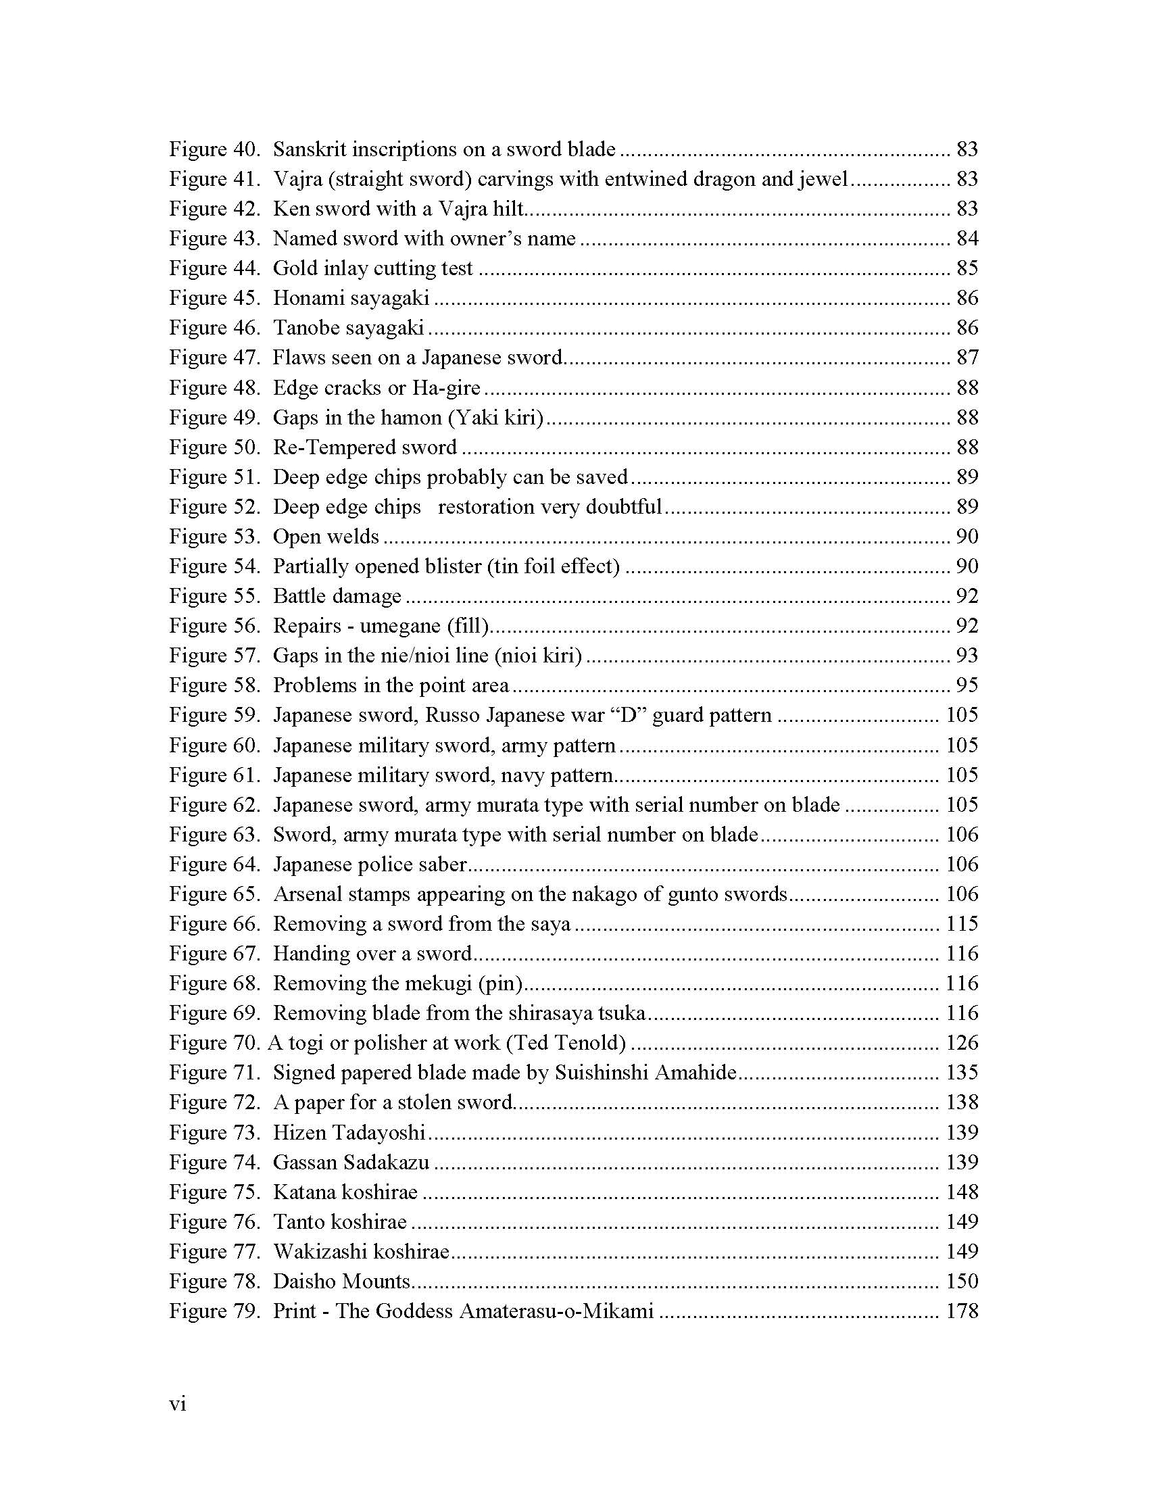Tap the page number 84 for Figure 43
(x=967, y=239)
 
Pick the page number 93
(x=967, y=656)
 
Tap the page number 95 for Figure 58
(x=967, y=685)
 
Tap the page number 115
(x=962, y=924)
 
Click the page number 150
(x=962, y=1282)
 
